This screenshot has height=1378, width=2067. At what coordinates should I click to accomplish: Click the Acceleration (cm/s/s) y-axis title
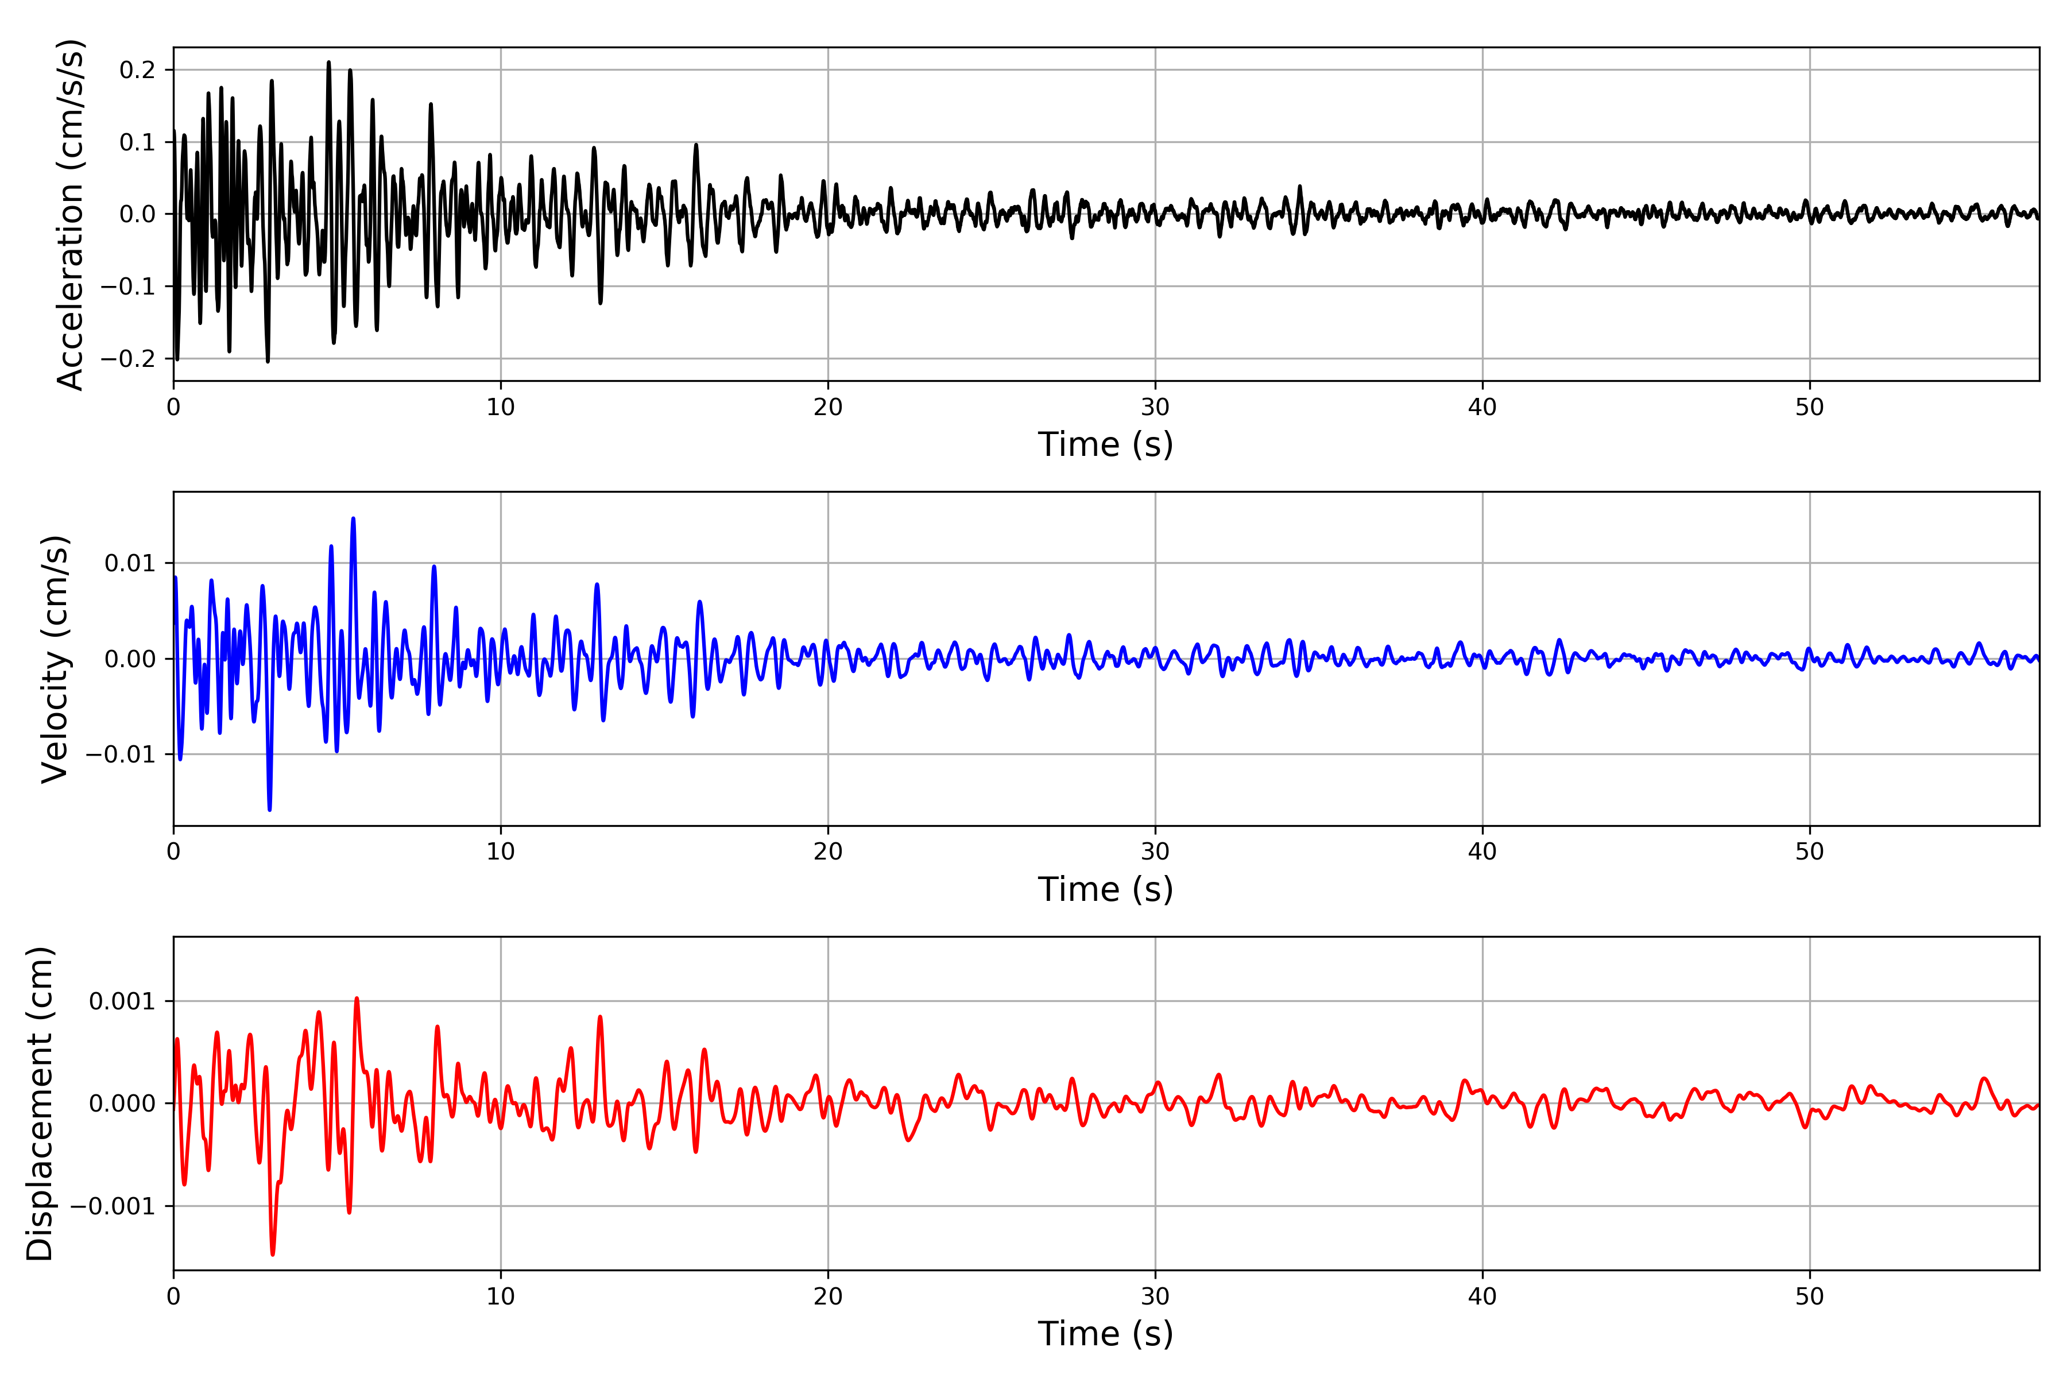69,214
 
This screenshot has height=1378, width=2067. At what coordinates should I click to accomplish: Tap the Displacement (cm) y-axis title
40,1103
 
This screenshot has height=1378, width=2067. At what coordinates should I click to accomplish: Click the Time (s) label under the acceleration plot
1106,444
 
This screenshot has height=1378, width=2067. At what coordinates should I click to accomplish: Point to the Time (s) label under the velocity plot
1106,889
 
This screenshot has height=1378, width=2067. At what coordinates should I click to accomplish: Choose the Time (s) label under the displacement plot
1106,1334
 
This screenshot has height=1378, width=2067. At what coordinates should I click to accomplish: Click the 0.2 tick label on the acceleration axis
137,69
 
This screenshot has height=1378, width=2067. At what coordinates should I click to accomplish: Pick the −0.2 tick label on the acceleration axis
127,358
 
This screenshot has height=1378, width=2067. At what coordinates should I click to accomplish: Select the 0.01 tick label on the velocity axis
130,563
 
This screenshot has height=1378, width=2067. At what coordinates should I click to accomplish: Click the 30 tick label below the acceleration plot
1155,408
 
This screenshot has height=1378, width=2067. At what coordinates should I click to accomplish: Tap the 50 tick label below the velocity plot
1810,851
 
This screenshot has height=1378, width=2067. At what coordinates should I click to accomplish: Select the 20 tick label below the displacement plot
828,1296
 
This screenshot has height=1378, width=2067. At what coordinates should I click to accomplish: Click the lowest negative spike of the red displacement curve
272,1254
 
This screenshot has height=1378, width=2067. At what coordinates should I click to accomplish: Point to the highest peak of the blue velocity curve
353,518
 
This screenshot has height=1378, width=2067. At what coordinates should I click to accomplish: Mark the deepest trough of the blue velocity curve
270,810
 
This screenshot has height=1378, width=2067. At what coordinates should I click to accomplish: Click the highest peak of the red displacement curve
357,998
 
